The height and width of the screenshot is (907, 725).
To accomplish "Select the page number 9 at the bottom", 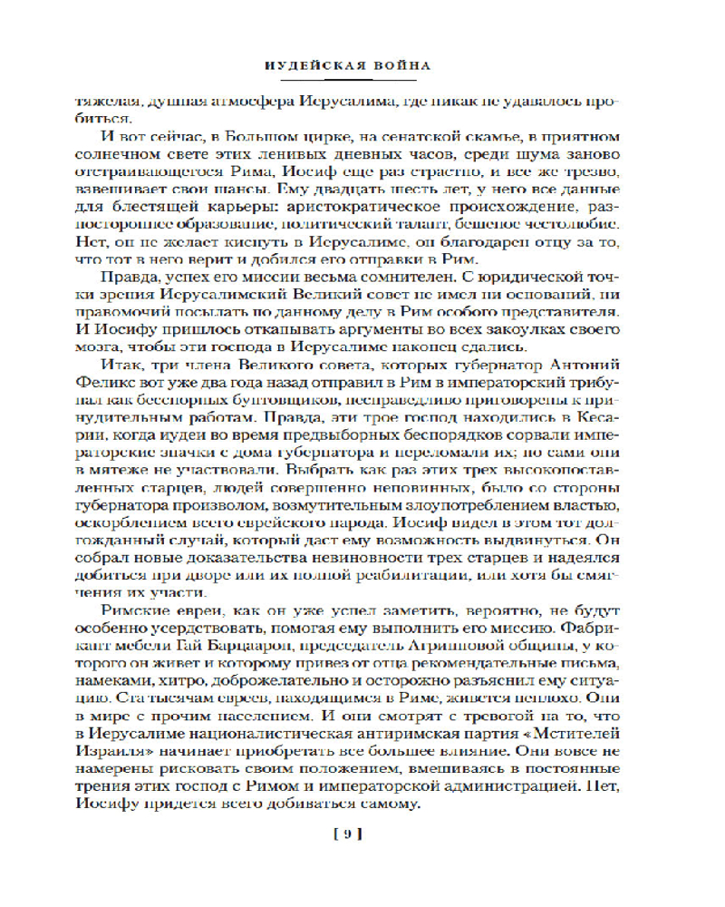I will click(x=359, y=834).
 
